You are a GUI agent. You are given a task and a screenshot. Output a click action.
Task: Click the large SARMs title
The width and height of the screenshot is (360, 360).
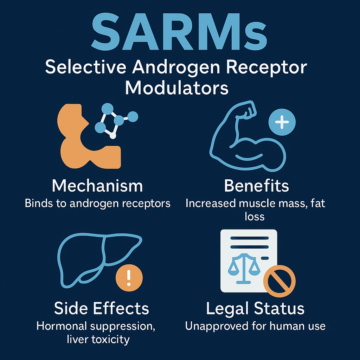pos(179,32)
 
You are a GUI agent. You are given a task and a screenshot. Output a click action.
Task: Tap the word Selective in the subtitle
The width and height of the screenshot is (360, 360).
pos(86,67)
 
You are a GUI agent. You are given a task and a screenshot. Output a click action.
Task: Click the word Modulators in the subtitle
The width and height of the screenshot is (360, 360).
pos(176,88)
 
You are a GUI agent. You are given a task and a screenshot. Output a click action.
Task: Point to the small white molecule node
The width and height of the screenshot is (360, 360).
pos(113,136)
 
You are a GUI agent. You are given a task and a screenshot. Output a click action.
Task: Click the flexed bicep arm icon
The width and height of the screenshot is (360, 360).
pos(247,136)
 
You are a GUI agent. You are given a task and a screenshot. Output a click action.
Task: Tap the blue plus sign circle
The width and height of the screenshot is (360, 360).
pos(282,122)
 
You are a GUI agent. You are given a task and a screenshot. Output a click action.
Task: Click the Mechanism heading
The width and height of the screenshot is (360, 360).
pos(97,186)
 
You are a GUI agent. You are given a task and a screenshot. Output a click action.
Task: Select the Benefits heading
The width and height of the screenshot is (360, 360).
pos(256,186)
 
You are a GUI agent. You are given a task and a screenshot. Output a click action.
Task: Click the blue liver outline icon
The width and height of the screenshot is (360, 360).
pos(99,260)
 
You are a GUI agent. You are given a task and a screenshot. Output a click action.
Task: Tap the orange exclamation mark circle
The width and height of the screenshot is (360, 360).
pos(129,278)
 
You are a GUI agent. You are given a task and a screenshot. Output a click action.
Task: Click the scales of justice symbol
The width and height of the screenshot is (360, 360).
pos(244,269)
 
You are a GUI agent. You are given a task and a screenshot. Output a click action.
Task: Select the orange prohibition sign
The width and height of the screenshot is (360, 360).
pos(279,281)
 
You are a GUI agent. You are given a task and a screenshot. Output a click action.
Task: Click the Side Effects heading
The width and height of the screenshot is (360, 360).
pos(102,308)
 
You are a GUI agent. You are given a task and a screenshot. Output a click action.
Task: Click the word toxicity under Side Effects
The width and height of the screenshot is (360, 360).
pos(111,340)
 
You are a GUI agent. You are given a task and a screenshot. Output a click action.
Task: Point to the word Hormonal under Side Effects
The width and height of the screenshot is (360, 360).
pos(61,326)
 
